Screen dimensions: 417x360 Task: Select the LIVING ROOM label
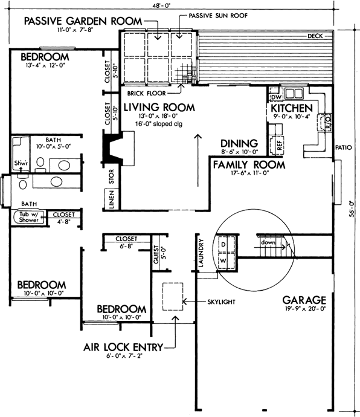click(x=159, y=108)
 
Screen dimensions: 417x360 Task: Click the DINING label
click(x=239, y=143)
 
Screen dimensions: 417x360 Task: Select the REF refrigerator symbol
click(x=279, y=145)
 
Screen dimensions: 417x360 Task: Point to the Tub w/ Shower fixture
click(x=28, y=217)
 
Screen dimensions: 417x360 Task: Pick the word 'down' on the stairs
click(x=269, y=242)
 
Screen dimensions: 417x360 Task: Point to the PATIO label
click(x=345, y=147)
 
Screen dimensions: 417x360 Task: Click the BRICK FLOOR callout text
click(x=147, y=94)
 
